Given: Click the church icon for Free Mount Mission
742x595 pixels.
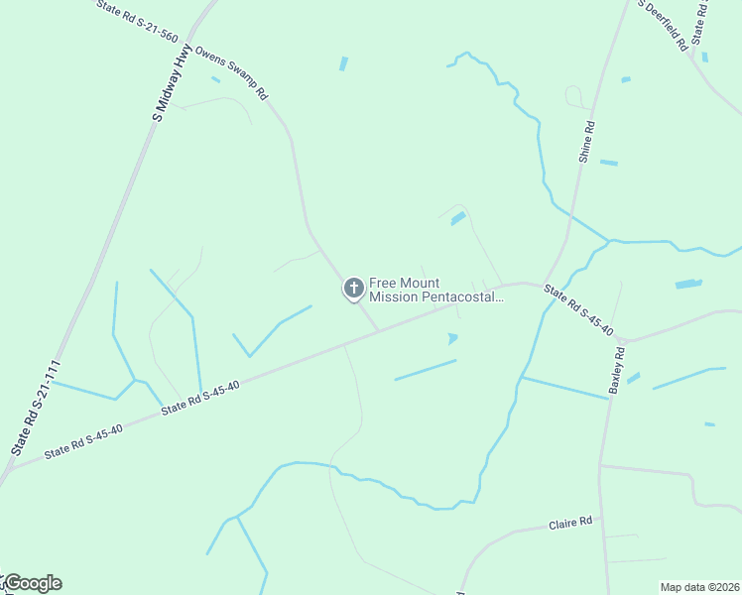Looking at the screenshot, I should tap(352, 289).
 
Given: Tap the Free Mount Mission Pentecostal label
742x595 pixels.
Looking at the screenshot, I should tap(436, 289).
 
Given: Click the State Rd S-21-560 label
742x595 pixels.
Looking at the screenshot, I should tap(138, 22).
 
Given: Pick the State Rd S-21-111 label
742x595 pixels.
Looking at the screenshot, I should tap(37, 408).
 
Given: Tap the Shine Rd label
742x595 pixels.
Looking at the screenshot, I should tap(586, 142).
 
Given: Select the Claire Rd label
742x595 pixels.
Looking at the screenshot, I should tap(570, 522).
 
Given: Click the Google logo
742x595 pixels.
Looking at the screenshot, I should tap(32, 583).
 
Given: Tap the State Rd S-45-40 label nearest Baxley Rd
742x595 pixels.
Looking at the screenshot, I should tap(578, 309).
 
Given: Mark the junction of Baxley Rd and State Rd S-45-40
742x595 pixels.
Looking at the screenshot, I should tap(623, 340).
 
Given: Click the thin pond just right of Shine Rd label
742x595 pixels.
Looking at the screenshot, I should tap(609, 163).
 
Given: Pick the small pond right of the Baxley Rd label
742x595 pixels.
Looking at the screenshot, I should tap(633, 378).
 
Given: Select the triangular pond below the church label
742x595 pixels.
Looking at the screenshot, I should tap(453, 338).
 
